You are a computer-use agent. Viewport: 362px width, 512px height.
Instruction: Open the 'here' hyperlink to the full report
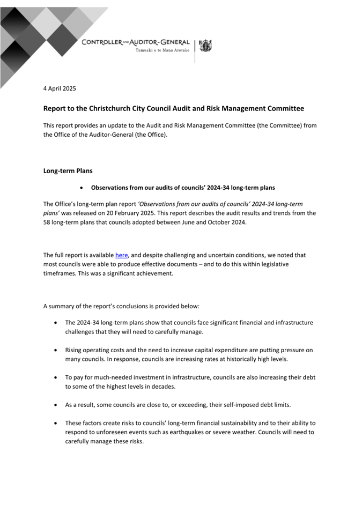[x=121, y=255]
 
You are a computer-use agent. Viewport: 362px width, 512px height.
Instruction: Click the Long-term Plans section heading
[x=68, y=171]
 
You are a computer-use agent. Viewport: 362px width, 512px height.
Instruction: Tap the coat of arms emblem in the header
[x=205, y=46]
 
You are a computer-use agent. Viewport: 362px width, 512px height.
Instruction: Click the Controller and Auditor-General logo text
[x=135, y=42]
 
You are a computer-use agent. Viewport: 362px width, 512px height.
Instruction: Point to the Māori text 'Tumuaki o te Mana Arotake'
[x=162, y=50]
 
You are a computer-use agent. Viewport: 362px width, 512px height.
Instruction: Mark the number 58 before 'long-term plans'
[x=47, y=222]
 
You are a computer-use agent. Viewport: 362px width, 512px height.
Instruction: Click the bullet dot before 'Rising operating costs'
[x=57, y=350]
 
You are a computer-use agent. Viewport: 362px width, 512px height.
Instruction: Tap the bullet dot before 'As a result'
[x=57, y=405]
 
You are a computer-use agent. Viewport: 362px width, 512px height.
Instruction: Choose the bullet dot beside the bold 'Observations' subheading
[x=81, y=188]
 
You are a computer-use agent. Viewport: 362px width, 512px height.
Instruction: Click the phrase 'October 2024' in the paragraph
[x=227, y=222]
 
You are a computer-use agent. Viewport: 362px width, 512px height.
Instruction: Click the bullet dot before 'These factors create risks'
[x=57, y=423]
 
